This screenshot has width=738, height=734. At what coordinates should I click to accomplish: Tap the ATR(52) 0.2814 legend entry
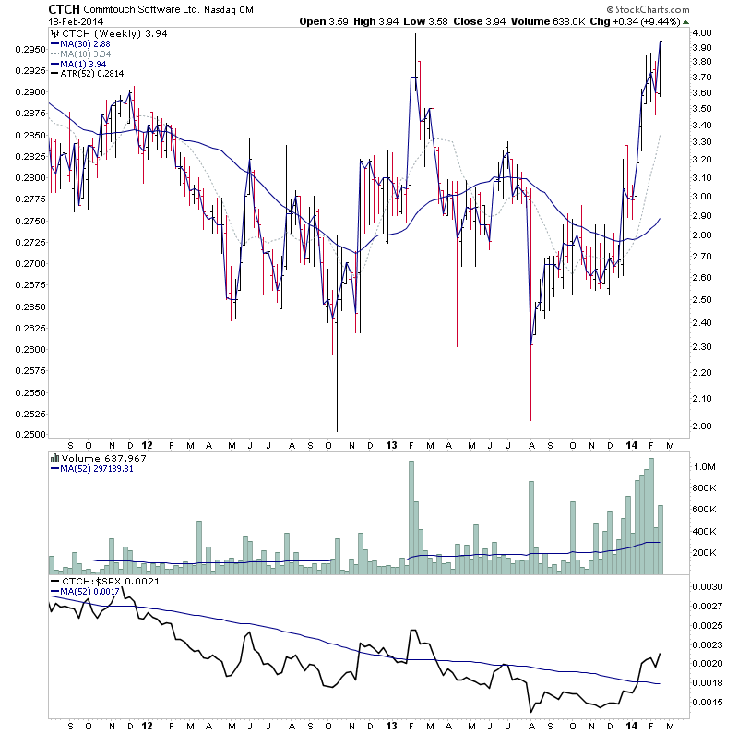92,74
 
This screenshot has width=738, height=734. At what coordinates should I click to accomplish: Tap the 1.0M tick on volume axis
705,466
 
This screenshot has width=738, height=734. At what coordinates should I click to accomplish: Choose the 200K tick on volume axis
706,552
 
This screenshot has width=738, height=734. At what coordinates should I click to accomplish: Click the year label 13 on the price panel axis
391,445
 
